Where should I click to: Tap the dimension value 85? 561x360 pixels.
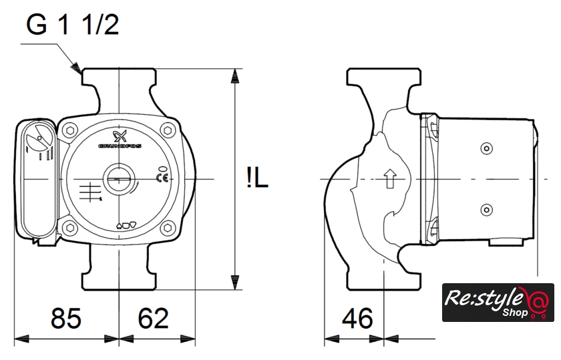pyautogui.click(x=66, y=318)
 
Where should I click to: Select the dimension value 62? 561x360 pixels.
pyautogui.click(x=153, y=318)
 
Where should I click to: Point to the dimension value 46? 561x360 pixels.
pyautogui.click(x=357, y=318)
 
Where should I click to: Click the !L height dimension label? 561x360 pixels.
pyautogui.click(x=257, y=178)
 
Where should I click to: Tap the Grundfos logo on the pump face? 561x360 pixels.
pyautogui.click(x=120, y=140)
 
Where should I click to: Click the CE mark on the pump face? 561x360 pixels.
pyautogui.click(x=162, y=178)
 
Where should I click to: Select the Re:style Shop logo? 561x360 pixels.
pyautogui.click(x=498, y=303)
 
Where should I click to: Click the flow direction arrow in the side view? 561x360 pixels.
pyautogui.click(x=389, y=178)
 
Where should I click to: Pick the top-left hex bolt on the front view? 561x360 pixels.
pyautogui.click(x=71, y=130)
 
